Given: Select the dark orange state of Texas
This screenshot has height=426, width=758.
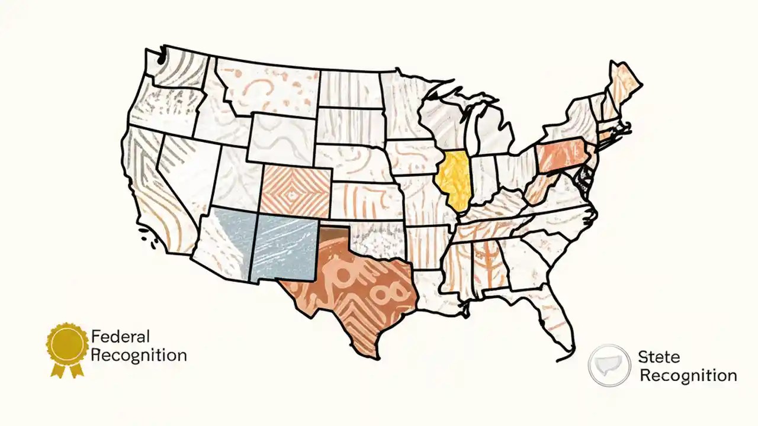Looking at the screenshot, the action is click(349, 290).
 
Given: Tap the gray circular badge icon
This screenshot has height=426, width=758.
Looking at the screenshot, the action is click(609, 366).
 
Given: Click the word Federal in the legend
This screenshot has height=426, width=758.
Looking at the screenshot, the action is click(120, 337).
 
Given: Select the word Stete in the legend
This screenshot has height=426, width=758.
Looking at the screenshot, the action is click(659, 357).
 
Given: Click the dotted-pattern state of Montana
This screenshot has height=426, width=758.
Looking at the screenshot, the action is click(266, 89).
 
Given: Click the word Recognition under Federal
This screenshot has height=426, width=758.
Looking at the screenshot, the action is click(140, 356).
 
